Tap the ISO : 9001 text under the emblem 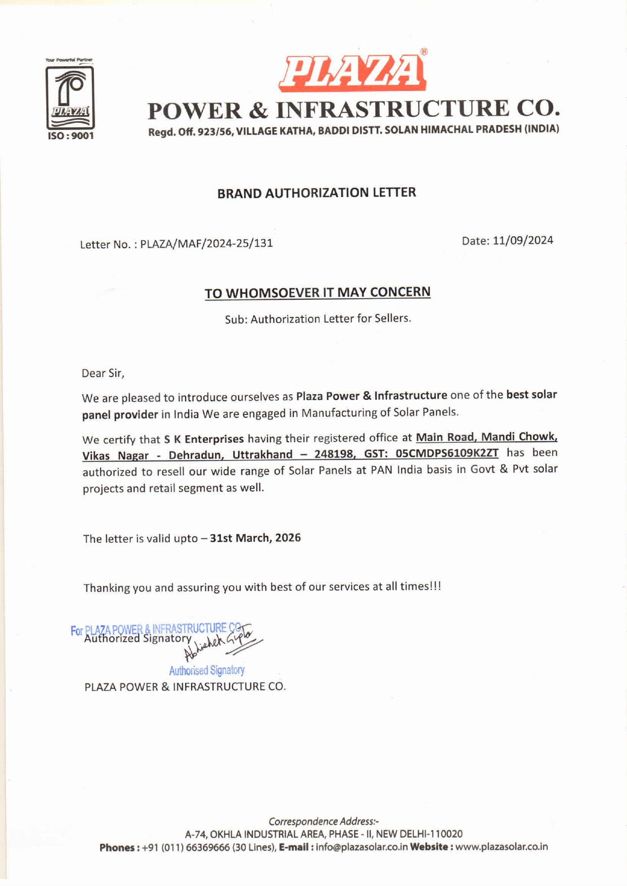pos(70,136)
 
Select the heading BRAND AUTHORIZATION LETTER pos(317,193)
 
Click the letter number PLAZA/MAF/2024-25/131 pos(206,244)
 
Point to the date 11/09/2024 pos(523,240)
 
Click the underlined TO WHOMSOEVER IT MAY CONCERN pos(318,293)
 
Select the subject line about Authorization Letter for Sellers pos(318,319)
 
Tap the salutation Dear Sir pos(103,374)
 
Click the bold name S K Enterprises pos(204,439)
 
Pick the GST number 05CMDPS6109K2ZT pos(447,453)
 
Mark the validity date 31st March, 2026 pos(255,538)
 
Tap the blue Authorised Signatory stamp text pos(207,670)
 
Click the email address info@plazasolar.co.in pos(362,847)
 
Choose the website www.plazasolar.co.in pos(502,847)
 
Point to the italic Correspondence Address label pos(324,821)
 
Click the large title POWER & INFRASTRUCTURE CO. pos(353,110)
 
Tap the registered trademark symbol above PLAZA pos(424,52)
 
